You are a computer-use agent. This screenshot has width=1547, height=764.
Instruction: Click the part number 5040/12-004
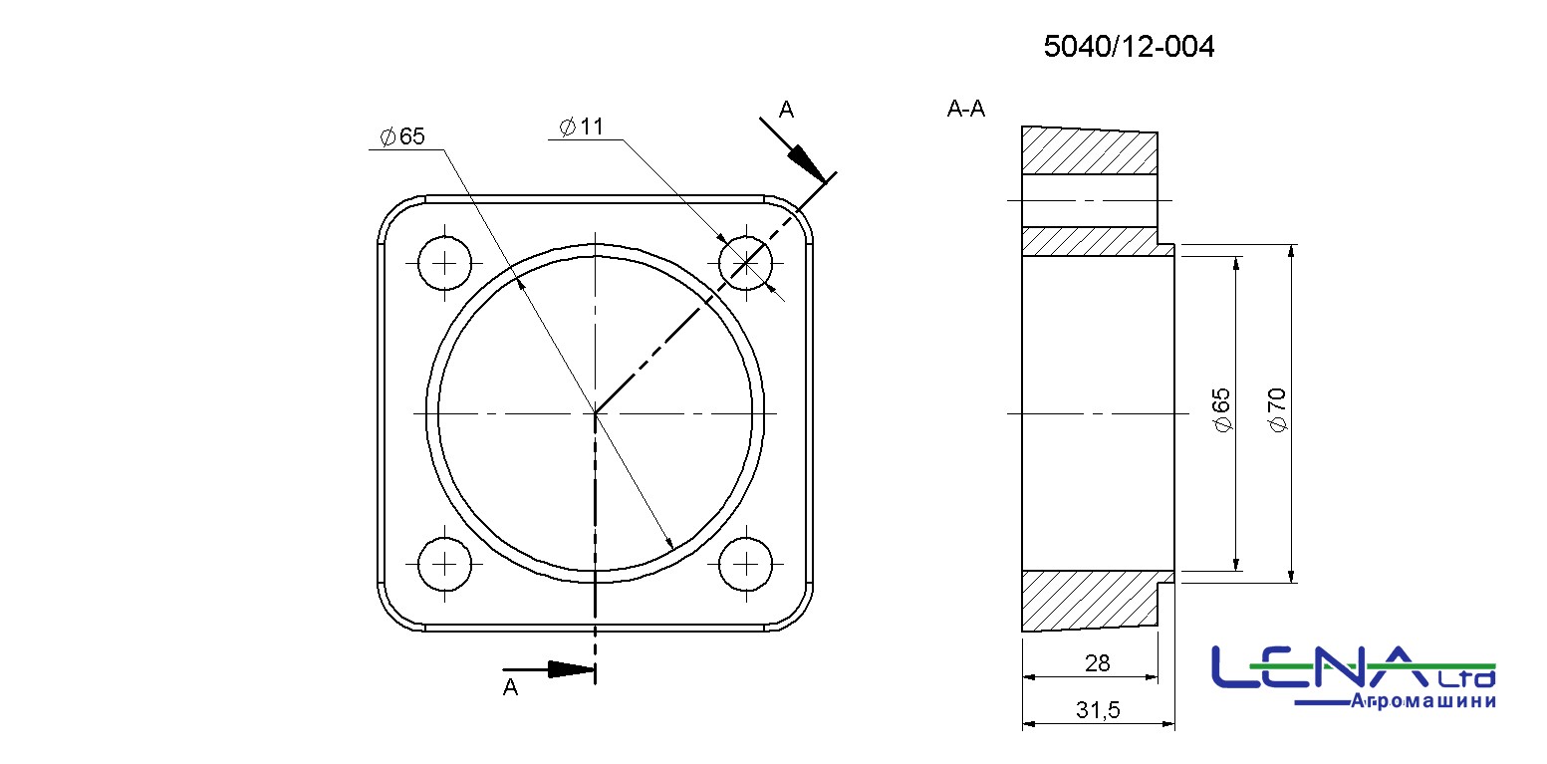1129,46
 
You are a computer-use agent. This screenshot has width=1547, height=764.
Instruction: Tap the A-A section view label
965,109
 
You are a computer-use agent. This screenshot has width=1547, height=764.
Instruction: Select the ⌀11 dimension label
581,127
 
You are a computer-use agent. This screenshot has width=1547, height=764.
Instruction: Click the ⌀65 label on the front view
402,136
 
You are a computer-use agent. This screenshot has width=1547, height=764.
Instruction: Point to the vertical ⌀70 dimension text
1278,410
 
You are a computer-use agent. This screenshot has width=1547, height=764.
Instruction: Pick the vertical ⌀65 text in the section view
1221,410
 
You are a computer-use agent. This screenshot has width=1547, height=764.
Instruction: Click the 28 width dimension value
1097,663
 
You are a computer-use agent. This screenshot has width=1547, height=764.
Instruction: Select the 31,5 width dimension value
1098,709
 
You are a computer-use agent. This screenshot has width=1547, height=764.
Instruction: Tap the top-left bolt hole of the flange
444,263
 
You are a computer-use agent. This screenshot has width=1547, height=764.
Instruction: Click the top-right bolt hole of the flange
746,263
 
